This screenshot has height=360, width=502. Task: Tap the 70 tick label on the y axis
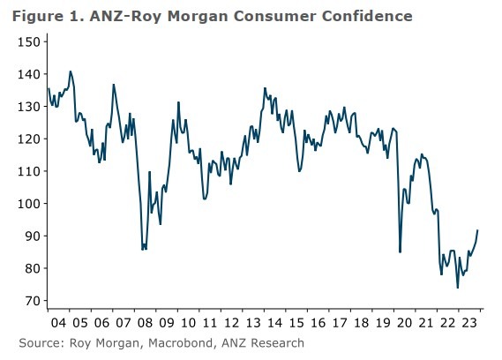pos(31,301)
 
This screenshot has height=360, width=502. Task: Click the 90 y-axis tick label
pos(31,236)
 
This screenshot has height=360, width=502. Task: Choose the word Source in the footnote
pos(40,342)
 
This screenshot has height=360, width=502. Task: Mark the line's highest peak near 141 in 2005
pos(71,71)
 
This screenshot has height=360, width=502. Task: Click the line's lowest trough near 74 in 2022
pos(457,287)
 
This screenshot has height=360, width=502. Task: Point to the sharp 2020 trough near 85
pos(401,251)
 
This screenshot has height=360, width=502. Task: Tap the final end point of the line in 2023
pos(478,230)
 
